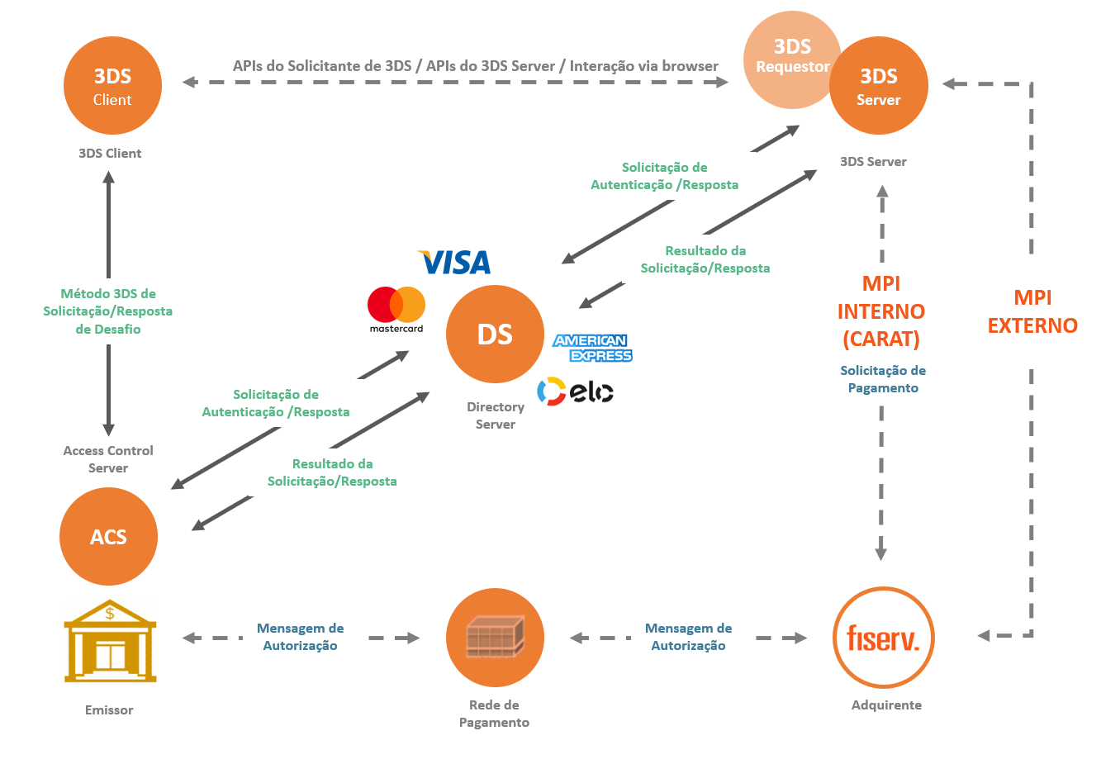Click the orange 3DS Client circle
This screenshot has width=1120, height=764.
[x=112, y=86]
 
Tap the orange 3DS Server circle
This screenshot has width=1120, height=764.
[x=879, y=86]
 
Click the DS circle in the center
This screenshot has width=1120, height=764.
[x=495, y=334]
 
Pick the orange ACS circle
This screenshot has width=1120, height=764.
[x=108, y=537]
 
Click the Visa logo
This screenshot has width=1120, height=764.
[x=454, y=262]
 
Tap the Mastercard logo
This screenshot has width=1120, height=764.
[x=396, y=310]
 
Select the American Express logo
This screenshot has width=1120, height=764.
[x=592, y=348]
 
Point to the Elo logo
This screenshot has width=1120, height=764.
[x=575, y=391]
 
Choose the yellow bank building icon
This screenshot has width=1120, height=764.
[x=111, y=641]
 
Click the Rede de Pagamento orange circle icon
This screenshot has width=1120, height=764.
[x=495, y=638]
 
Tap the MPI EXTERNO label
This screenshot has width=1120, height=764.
[x=1032, y=311]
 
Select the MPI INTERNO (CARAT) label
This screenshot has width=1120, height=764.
[x=881, y=311]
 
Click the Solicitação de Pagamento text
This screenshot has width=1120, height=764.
[x=883, y=379]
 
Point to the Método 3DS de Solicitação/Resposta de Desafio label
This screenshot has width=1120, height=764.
[x=108, y=311]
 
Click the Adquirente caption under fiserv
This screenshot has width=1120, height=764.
[x=886, y=705]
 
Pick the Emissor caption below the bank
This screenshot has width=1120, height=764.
[x=109, y=710]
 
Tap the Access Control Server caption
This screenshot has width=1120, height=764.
[x=108, y=459]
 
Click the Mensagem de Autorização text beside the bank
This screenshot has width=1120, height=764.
[x=300, y=637]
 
